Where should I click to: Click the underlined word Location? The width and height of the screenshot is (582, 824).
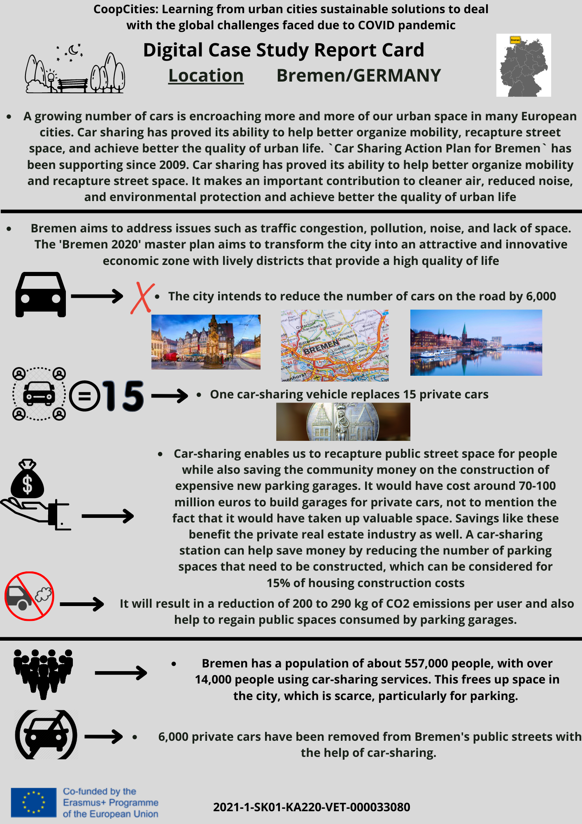(206, 76)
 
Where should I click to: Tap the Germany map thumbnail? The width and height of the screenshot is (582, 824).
(523, 65)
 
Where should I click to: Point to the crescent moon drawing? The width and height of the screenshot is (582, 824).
(74, 50)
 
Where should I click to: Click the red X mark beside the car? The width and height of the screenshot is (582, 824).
(142, 298)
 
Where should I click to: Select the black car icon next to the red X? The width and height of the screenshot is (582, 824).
(40, 294)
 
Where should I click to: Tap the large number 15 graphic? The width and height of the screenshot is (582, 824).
(123, 396)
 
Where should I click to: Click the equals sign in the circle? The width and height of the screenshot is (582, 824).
(84, 396)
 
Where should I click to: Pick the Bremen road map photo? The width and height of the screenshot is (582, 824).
(335, 345)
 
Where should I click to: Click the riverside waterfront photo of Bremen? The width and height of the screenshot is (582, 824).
(476, 342)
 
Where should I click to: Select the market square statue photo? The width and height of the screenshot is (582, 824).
(206, 342)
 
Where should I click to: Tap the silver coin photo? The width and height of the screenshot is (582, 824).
(343, 421)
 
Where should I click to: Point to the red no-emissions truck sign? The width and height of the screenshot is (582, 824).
(29, 596)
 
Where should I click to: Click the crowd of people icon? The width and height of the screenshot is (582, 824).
(43, 673)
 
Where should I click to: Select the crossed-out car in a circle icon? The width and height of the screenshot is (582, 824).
(46, 735)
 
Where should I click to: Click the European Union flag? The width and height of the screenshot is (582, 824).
(33, 802)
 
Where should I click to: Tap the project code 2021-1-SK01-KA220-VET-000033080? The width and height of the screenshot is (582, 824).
(311, 807)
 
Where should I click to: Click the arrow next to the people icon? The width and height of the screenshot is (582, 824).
(121, 673)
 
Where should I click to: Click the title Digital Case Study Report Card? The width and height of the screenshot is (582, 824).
(283, 50)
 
